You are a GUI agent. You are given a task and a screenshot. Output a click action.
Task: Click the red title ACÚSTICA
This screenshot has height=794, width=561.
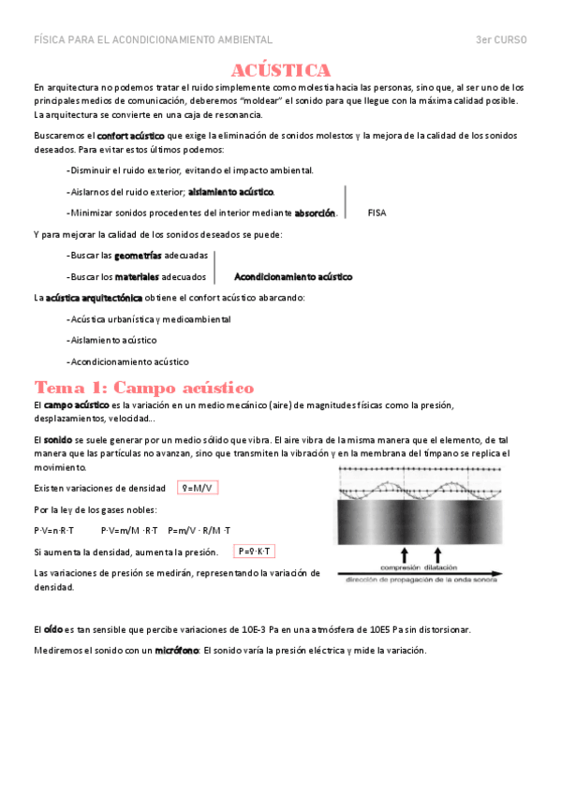tap(281, 70)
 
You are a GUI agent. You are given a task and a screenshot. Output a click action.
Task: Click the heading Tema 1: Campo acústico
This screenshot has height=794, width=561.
tap(143, 387)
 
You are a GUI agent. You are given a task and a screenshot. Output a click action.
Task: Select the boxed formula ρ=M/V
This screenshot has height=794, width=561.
tap(199, 488)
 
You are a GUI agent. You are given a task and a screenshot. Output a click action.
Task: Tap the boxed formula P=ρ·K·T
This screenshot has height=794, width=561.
tap(255, 551)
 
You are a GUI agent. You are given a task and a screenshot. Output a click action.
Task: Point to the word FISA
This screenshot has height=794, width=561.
tap(376, 213)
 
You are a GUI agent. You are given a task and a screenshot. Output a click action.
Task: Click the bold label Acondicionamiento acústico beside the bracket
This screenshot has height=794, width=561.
tap(292, 277)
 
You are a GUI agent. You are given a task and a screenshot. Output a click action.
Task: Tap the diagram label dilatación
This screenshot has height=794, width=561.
tap(438, 566)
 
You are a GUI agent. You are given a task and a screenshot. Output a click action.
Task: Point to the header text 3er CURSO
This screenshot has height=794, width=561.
tap(501, 40)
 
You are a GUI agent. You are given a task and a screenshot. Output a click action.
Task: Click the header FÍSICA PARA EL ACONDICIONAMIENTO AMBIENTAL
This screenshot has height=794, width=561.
tap(153, 40)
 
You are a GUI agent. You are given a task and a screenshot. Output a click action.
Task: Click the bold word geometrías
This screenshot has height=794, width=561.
tap(138, 256)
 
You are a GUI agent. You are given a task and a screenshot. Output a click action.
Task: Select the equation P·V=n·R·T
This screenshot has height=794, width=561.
tap(53, 530)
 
